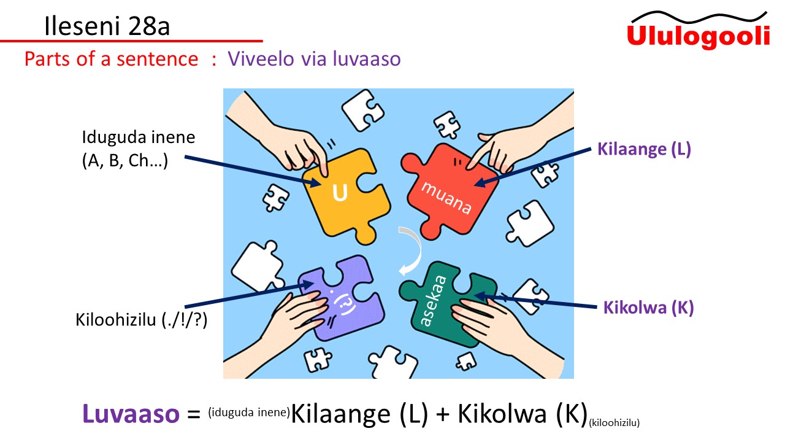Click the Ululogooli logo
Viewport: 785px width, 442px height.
click(698, 31)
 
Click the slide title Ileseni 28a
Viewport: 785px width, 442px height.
click(107, 26)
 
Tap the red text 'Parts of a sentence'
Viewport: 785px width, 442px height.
click(111, 59)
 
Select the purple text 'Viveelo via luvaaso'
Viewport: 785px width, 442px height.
click(314, 59)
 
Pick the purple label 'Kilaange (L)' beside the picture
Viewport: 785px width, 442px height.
click(644, 149)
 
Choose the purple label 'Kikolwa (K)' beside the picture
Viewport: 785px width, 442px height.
click(648, 308)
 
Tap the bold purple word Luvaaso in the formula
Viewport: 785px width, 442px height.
click(131, 414)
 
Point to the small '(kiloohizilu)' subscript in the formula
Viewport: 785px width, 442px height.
click(615, 422)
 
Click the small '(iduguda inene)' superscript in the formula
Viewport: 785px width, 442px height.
click(248, 412)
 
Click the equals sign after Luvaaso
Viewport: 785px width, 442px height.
click(194, 416)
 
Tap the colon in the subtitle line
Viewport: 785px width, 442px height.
click(214, 60)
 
